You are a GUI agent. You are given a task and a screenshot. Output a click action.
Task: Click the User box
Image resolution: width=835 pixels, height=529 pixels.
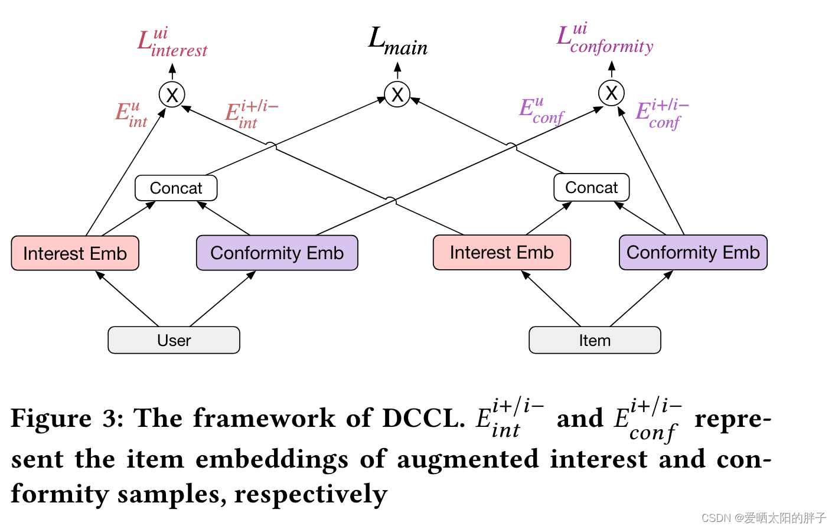pos(174,340)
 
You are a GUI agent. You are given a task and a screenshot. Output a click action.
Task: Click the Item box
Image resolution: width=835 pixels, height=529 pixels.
pos(595,340)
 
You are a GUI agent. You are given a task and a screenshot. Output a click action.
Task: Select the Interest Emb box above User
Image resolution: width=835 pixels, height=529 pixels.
pos(75,253)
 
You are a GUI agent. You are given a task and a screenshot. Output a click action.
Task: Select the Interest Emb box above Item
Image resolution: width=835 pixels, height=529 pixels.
pos(501,253)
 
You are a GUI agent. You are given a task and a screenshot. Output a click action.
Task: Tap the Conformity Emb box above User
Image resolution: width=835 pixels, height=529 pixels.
pos(277,253)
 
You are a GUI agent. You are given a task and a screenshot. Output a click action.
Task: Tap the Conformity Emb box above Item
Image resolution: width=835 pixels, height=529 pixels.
pos(693,252)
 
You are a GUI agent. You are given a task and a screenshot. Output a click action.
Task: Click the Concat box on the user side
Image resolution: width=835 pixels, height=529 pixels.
pos(176,188)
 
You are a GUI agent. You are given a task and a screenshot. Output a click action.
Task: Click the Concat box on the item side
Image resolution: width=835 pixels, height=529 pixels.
pos(591,187)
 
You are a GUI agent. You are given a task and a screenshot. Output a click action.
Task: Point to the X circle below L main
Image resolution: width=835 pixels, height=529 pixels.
pos(397,94)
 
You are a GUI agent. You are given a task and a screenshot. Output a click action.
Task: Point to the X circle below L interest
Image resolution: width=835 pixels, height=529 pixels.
pos(172,95)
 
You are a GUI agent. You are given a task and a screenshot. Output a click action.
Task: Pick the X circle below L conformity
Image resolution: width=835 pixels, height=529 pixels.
pos(611,93)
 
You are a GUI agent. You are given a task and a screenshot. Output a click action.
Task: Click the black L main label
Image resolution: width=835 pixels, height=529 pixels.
pos(397,41)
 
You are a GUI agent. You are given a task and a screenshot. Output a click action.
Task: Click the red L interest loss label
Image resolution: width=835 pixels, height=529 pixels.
pos(172,44)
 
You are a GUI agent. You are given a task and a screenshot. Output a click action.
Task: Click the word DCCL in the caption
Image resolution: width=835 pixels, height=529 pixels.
pos(423,418)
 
